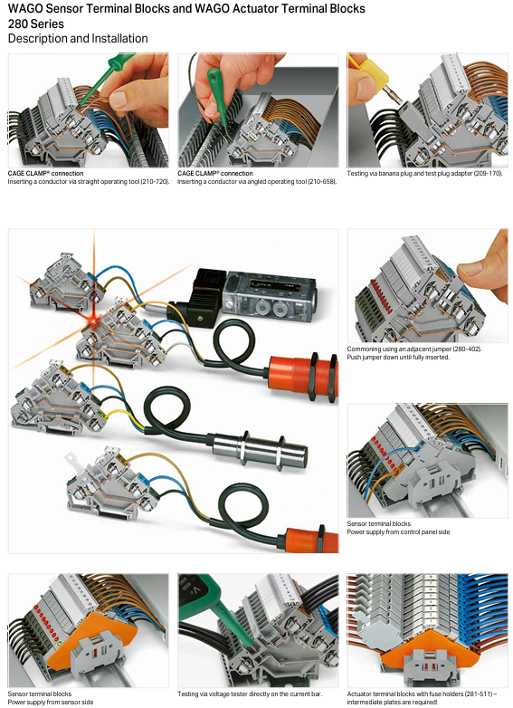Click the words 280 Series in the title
point(36,24)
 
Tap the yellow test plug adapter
point(374,74)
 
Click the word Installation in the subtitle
point(119,39)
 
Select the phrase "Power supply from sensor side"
point(51,703)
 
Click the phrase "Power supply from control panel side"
point(398,531)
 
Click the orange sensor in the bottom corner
point(311,540)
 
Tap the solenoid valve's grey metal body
point(271,296)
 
